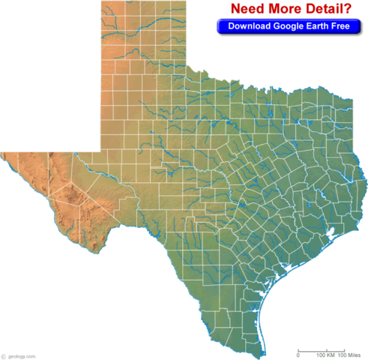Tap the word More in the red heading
point(282,9)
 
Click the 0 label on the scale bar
point(298,355)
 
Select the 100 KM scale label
point(325,355)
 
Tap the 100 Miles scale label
point(349,355)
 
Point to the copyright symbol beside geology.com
point(4,355)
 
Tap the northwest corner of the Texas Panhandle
point(100,2)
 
